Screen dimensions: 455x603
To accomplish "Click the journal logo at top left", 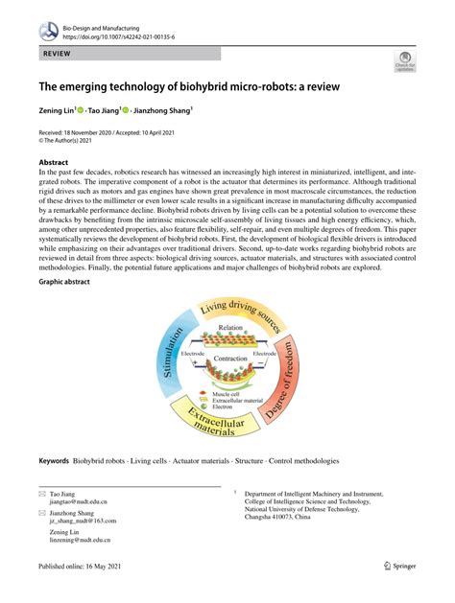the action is tap(48, 31).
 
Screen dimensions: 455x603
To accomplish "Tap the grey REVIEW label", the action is tap(57, 58).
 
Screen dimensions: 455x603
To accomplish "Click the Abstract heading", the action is tap(54, 163).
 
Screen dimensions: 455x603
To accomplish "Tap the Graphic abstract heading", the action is tap(70, 284).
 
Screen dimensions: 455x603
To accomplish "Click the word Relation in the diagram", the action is tap(229, 328).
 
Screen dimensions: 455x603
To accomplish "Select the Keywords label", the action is tap(53, 461).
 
